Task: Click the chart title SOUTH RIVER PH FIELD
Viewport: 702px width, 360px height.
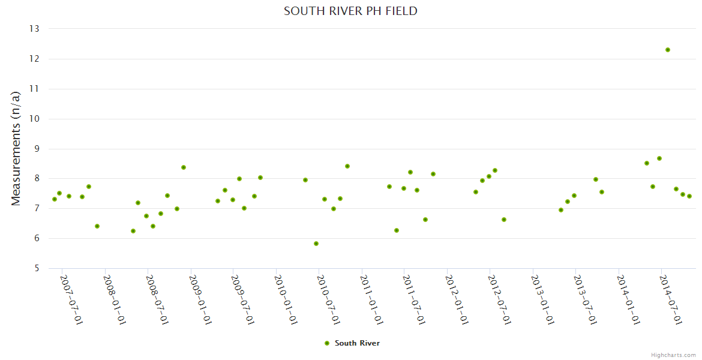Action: point(350,11)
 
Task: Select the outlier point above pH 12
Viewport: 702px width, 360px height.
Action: point(668,50)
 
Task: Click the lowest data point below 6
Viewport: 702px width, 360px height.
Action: point(316,244)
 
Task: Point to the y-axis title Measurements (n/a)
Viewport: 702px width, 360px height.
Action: point(16,148)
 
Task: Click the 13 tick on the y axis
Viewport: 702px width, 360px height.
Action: point(34,29)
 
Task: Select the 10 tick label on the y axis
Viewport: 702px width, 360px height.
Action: point(34,119)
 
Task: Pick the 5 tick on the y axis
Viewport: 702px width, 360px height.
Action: point(36,268)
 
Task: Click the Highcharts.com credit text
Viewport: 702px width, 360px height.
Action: point(673,355)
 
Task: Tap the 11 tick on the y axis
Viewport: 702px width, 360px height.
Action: point(34,89)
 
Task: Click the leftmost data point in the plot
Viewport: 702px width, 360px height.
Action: point(55,199)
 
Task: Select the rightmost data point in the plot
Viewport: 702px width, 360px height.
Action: point(689,196)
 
